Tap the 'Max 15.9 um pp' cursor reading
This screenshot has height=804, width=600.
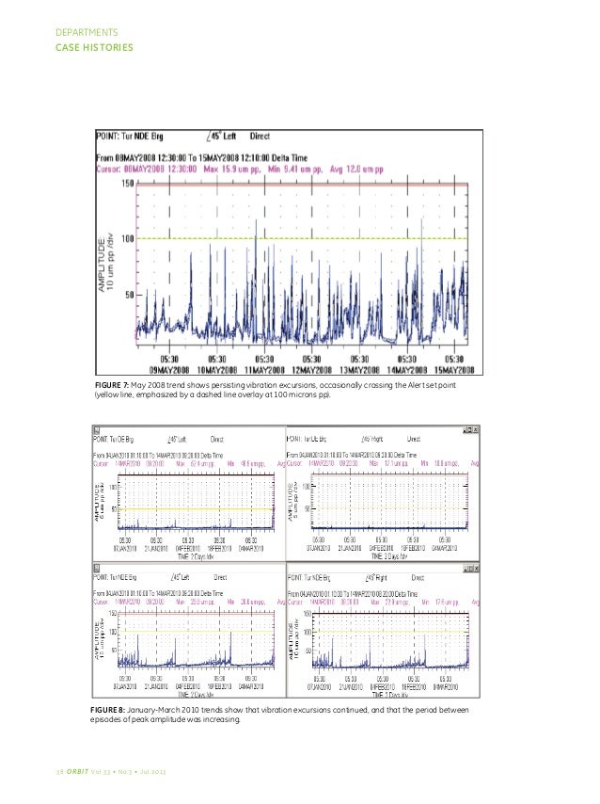click(x=273, y=169)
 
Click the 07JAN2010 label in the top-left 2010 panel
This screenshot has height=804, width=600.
click(x=126, y=548)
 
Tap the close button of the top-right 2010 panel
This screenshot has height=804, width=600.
click(x=476, y=430)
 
